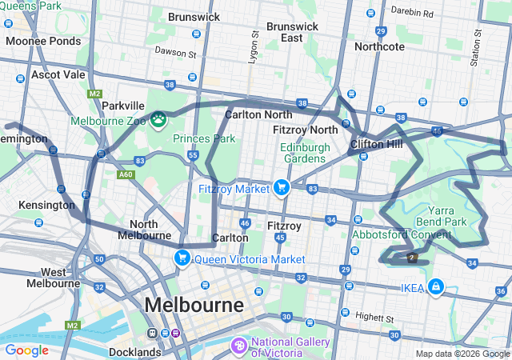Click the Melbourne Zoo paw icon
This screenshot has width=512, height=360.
coord(158,120)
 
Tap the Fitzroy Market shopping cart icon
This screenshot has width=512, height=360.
coord(281,188)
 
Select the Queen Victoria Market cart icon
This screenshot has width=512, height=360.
coord(182,258)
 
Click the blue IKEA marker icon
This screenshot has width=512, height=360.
coord(435,286)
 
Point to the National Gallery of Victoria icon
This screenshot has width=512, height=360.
coord(238,346)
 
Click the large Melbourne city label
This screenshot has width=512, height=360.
coord(194,306)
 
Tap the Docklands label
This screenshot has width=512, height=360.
coord(134,351)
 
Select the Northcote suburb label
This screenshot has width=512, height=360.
coord(379,46)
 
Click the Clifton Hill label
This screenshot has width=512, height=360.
coord(376,145)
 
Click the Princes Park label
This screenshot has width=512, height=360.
coord(204,138)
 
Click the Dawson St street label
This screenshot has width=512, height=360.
coord(175,54)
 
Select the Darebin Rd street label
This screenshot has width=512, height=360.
coord(412,13)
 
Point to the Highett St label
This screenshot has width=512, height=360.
coord(375,316)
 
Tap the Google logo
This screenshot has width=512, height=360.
coord(26,350)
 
